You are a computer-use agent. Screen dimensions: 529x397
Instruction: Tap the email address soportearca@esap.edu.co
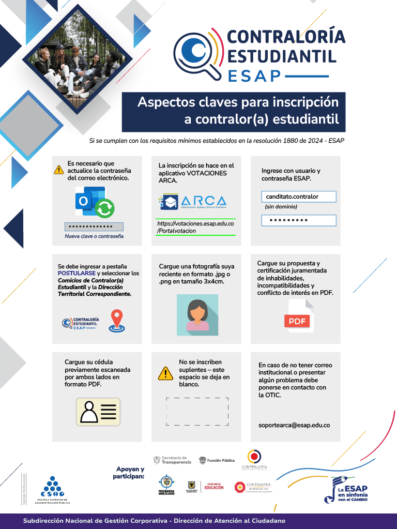click(294, 425)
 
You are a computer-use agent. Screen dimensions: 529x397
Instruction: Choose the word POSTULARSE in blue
click(77, 273)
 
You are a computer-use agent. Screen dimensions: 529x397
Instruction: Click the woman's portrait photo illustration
click(197, 313)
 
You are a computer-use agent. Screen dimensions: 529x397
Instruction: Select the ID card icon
click(98, 412)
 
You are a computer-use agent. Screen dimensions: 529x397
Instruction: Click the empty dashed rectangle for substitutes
click(197, 411)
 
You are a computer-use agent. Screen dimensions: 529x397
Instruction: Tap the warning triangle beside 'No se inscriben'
click(165, 373)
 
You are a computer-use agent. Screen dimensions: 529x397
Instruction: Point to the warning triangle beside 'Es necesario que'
click(59, 170)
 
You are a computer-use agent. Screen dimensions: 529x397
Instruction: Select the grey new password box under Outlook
click(94, 226)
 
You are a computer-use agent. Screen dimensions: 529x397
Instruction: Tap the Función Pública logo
click(217, 460)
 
